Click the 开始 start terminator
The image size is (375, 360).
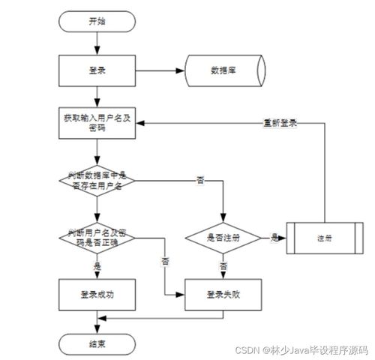tap(97, 22)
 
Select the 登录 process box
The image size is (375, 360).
tap(97, 72)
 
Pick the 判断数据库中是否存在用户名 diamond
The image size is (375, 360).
tap(97, 179)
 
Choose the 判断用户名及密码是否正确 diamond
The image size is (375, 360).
tap(97, 238)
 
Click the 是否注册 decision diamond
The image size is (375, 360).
tap(223, 238)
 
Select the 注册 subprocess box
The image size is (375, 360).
tap(324, 238)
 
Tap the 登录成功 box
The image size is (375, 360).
tap(97, 295)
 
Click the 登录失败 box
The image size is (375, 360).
tap(223, 295)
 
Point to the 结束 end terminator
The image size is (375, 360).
tap(97, 344)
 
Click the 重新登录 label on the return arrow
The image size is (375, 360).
tap(281, 122)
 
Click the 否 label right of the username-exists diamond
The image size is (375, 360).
tap(199, 181)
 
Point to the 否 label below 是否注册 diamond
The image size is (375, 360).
tap(223, 265)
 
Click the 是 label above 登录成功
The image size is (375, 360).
tap(97, 266)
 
